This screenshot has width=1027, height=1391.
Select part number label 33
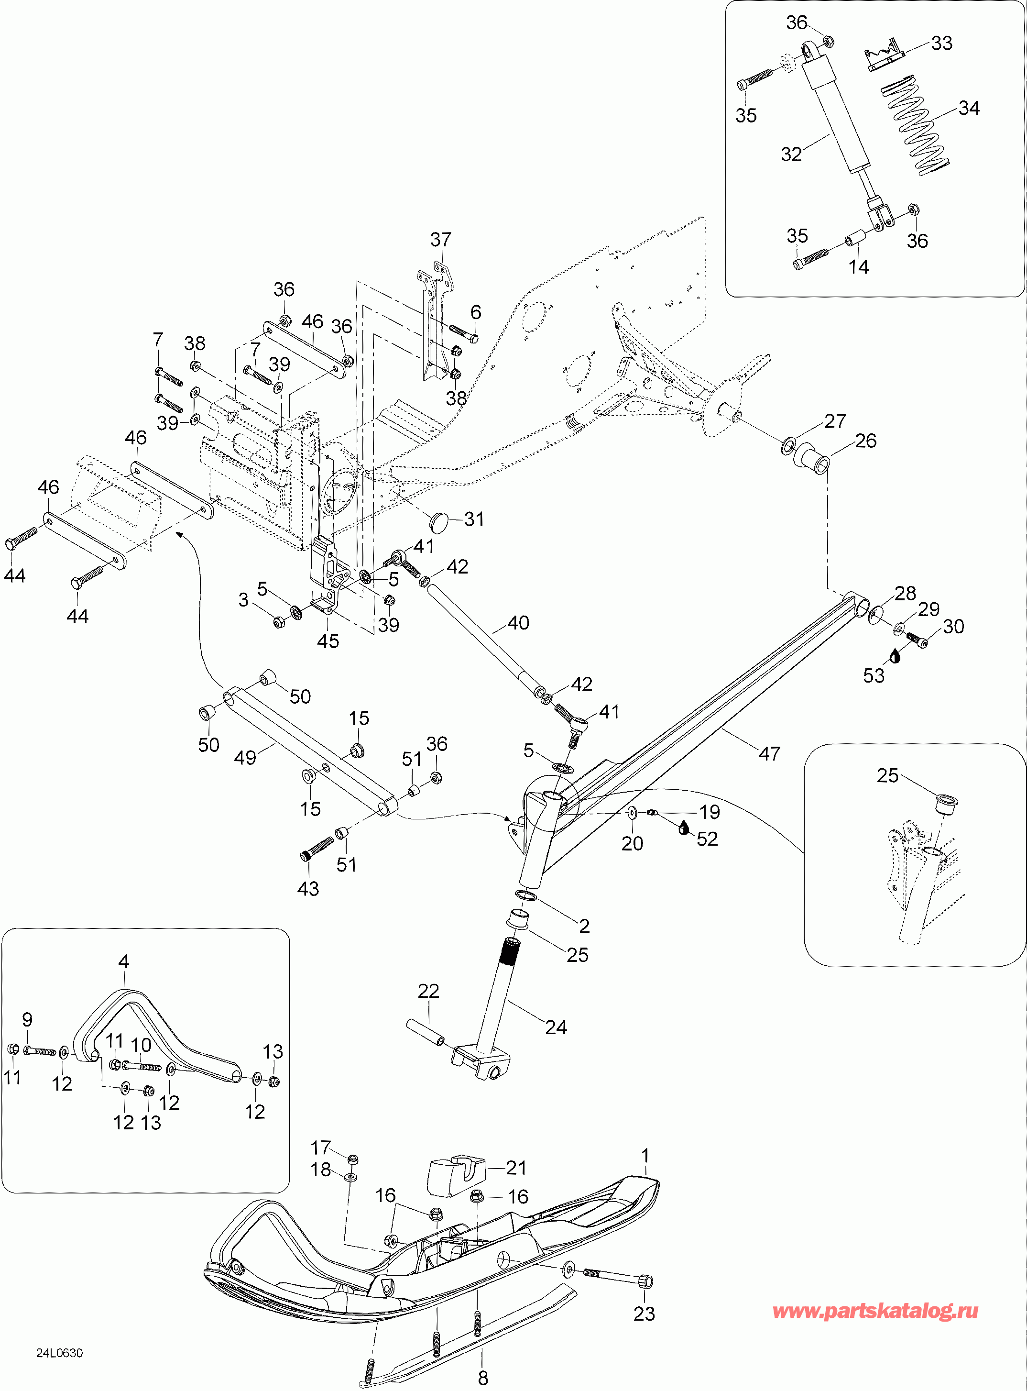tap(941, 44)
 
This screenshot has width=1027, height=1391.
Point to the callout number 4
tap(124, 962)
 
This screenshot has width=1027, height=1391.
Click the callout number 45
tap(328, 641)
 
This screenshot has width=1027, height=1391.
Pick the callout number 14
tap(859, 267)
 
